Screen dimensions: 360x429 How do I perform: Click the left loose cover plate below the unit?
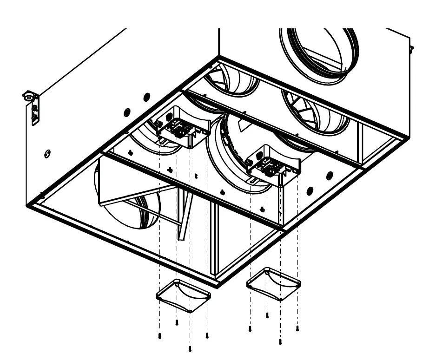point(184,295)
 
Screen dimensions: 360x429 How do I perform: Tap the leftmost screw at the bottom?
point(159,336)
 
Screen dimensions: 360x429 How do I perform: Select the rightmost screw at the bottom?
point(297,328)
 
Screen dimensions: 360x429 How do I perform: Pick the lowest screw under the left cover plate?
point(190,348)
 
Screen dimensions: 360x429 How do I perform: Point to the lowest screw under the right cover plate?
point(280,342)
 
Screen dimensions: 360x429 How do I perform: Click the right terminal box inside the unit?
point(271,165)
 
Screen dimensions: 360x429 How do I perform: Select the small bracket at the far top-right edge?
point(411,48)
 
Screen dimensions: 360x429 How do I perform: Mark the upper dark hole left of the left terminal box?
point(147,97)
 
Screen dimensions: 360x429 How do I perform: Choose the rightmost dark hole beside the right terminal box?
point(330,175)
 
